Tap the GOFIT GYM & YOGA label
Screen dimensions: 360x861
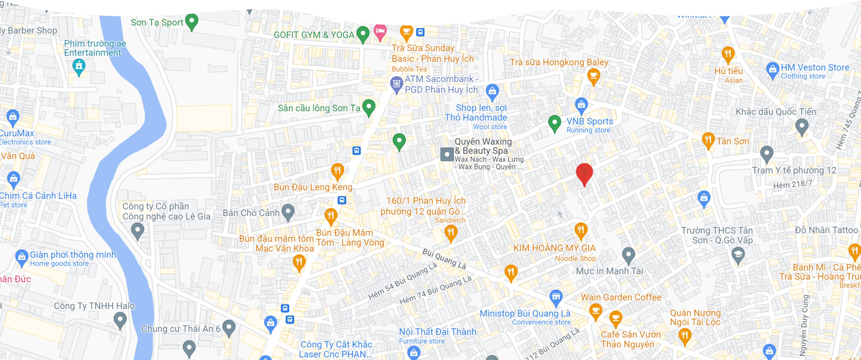314,35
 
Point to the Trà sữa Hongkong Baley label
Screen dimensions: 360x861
559,62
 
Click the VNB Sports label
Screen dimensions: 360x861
590,121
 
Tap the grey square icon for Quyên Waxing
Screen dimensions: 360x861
447,154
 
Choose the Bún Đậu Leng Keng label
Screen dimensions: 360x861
313,187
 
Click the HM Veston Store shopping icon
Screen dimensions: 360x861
772,70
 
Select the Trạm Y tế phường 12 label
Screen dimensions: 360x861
794,170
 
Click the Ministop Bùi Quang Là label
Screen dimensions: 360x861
525,314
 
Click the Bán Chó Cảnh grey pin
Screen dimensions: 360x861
288,212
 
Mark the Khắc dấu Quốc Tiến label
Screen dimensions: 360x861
776,112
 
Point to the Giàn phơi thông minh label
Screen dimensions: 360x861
73,255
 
